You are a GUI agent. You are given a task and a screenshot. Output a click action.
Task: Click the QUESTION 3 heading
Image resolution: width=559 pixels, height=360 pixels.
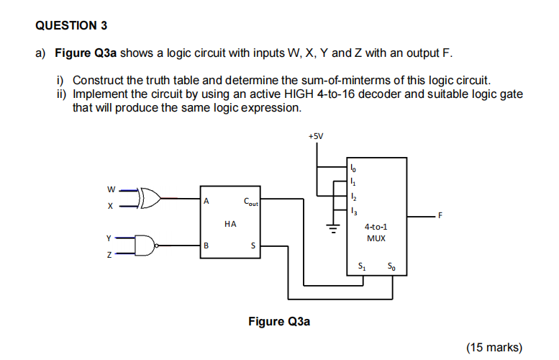[x=71, y=26]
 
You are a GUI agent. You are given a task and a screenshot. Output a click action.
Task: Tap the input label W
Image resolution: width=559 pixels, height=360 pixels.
[x=111, y=190]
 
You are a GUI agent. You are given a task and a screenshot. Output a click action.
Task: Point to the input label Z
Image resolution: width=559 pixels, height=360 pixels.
[x=111, y=255]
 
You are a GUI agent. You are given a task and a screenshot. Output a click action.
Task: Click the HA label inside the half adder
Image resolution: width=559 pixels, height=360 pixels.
[x=230, y=224]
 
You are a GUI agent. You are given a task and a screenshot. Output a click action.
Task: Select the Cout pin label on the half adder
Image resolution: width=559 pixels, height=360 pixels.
[x=250, y=202]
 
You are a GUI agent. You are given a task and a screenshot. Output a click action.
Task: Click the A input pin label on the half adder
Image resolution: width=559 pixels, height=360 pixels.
[x=207, y=202]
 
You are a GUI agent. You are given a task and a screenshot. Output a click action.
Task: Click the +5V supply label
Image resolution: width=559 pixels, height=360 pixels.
[x=315, y=135]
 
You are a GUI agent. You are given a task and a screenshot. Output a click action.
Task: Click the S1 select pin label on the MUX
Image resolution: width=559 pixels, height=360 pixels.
[x=362, y=269]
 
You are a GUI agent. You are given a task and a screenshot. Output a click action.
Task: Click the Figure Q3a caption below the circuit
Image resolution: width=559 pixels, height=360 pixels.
[x=279, y=321]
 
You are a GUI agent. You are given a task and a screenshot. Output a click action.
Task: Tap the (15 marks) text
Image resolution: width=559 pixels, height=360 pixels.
[x=494, y=347]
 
